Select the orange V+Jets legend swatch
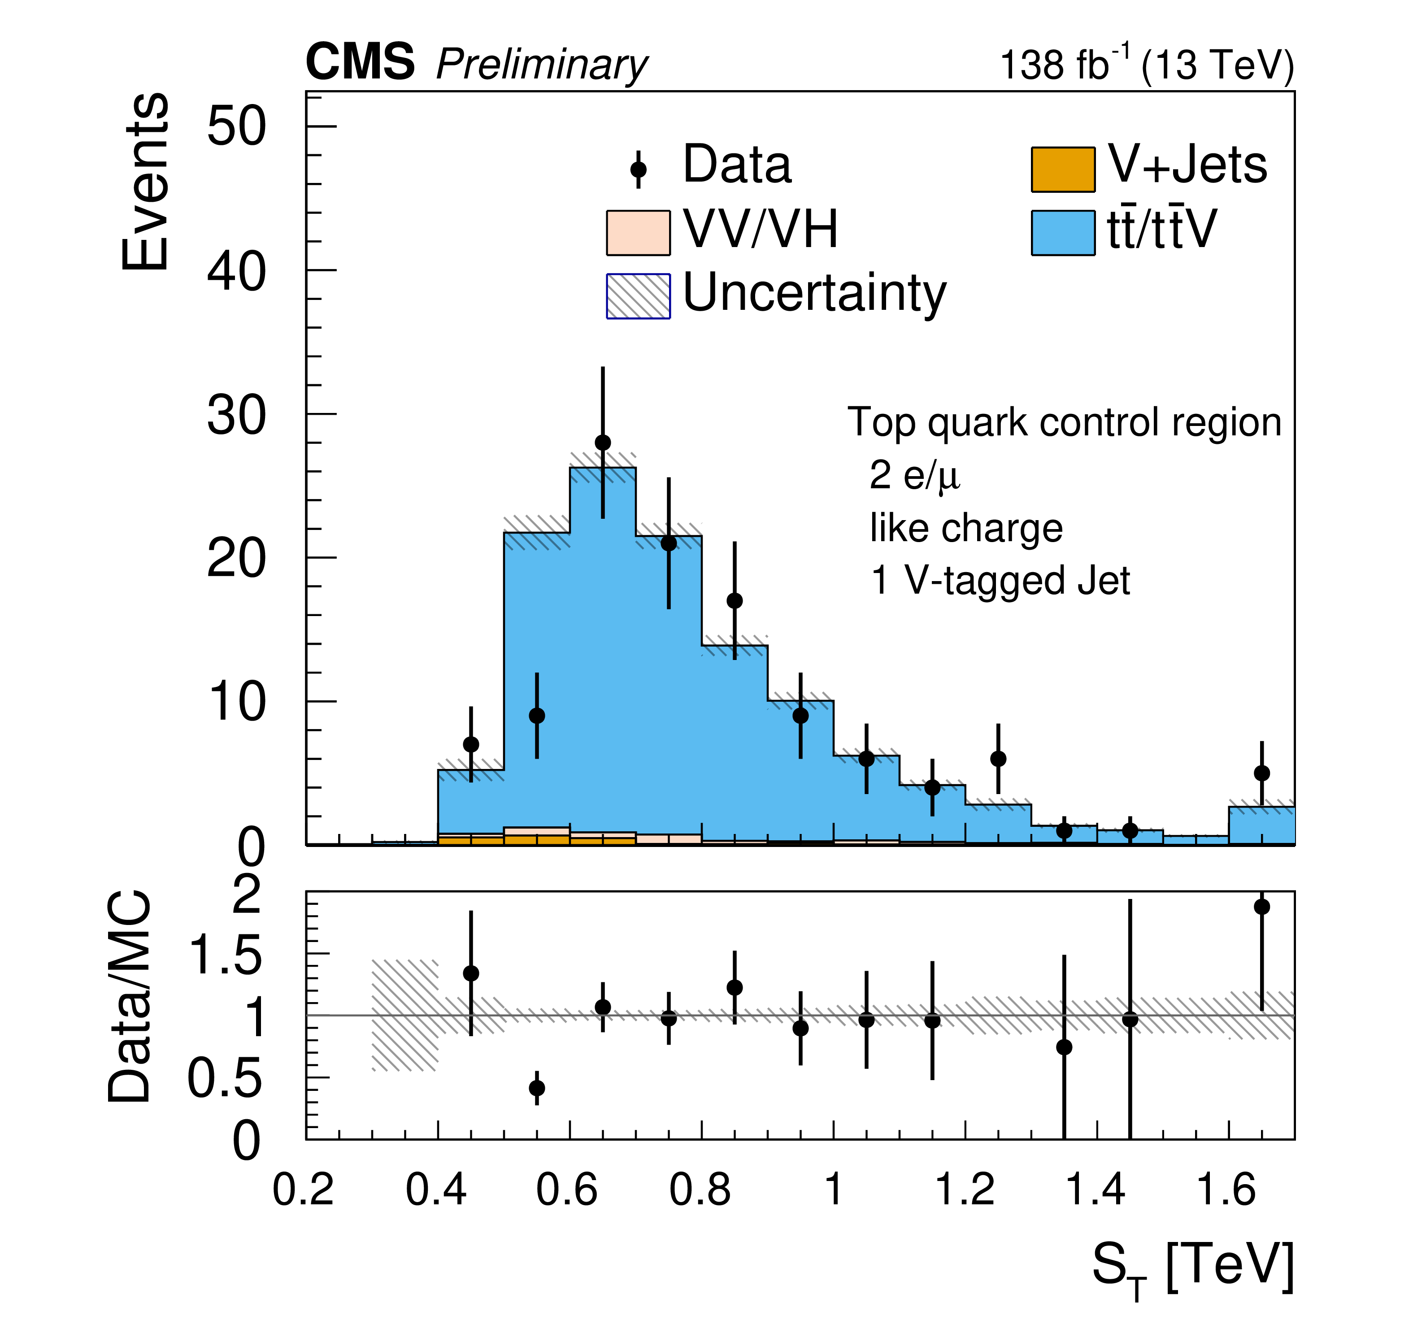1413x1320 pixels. coord(1063,169)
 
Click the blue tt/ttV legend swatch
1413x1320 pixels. coord(1063,232)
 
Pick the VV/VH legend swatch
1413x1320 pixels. coord(638,232)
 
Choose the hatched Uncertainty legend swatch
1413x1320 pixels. coord(638,296)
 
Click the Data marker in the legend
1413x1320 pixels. coord(638,169)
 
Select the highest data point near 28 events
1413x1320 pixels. coord(603,443)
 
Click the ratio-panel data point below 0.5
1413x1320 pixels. coord(537,1088)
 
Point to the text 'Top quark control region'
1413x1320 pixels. coord(1064,422)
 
